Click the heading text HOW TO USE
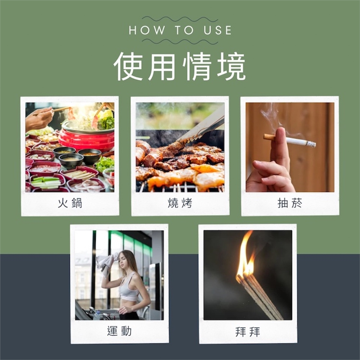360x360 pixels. (x=180, y=30)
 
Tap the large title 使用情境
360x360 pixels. (x=180, y=66)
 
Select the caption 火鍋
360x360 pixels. (x=70, y=203)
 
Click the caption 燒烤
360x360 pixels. (x=180, y=203)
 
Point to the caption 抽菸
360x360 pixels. (x=290, y=203)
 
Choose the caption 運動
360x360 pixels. (x=119, y=331)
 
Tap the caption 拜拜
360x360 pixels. (x=247, y=332)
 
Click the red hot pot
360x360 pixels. (x=86, y=136)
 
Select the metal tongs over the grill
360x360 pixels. (x=200, y=128)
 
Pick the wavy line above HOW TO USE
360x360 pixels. (x=180, y=19)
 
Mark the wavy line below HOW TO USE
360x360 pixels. (x=180, y=42)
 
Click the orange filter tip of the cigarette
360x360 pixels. (x=269, y=137)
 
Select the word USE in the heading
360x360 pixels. (x=217, y=30)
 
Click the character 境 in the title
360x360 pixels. (x=231, y=66)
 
